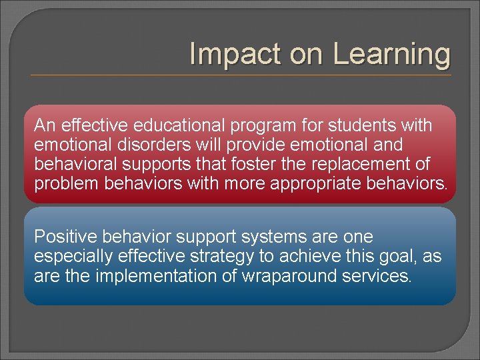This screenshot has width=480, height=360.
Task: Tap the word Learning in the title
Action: click(391, 54)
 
